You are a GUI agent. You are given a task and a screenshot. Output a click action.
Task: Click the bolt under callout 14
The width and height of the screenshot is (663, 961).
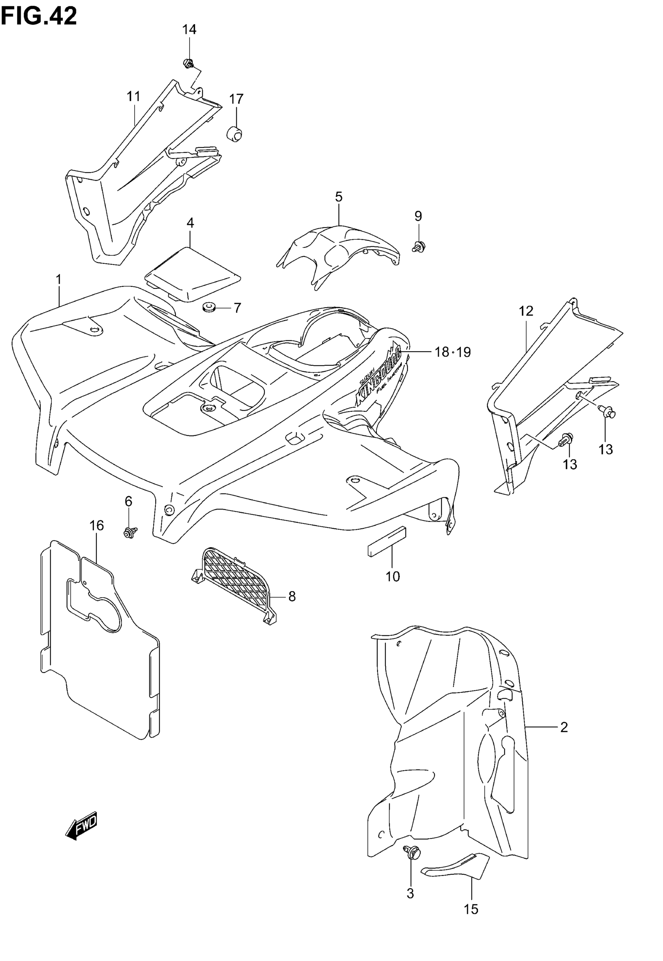[x=188, y=64]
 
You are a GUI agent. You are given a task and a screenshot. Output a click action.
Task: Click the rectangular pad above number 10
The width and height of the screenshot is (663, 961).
[x=387, y=541]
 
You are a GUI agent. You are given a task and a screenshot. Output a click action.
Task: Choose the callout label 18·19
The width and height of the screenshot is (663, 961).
[x=452, y=352]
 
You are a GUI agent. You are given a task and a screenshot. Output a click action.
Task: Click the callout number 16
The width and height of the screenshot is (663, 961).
[x=96, y=525]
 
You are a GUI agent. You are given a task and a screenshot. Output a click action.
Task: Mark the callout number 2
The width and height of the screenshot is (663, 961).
[x=564, y=727]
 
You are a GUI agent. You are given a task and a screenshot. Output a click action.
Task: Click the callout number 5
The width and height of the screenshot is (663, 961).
[x=339, y=197]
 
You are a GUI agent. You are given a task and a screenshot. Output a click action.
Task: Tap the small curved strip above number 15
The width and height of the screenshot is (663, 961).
[x=455, y=865]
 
